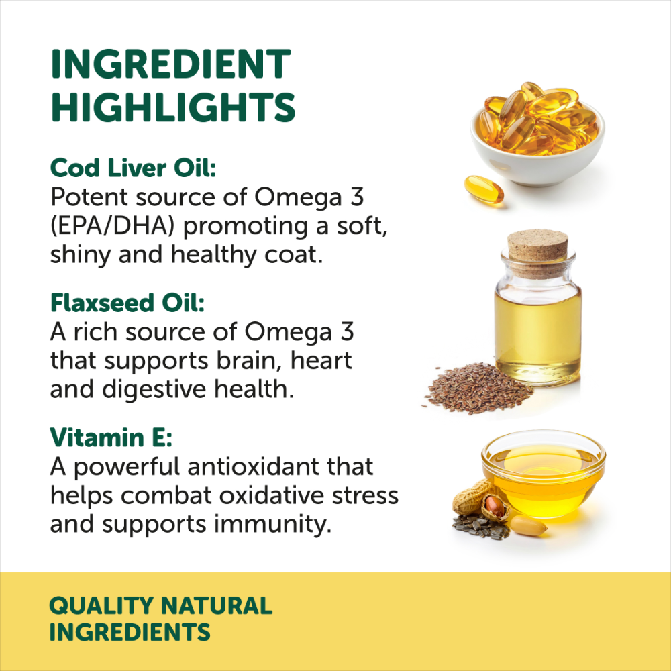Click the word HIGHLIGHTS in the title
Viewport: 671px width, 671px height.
tap(172, 107)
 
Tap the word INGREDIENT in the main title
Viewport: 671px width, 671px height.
tap(170, 65)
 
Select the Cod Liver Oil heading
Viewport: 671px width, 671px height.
tap(134, 168)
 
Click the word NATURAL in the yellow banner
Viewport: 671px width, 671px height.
tap(219, 605)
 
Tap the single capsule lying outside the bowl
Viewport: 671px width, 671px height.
tap(483, 189)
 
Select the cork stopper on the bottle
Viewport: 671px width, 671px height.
tap(537, 246)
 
